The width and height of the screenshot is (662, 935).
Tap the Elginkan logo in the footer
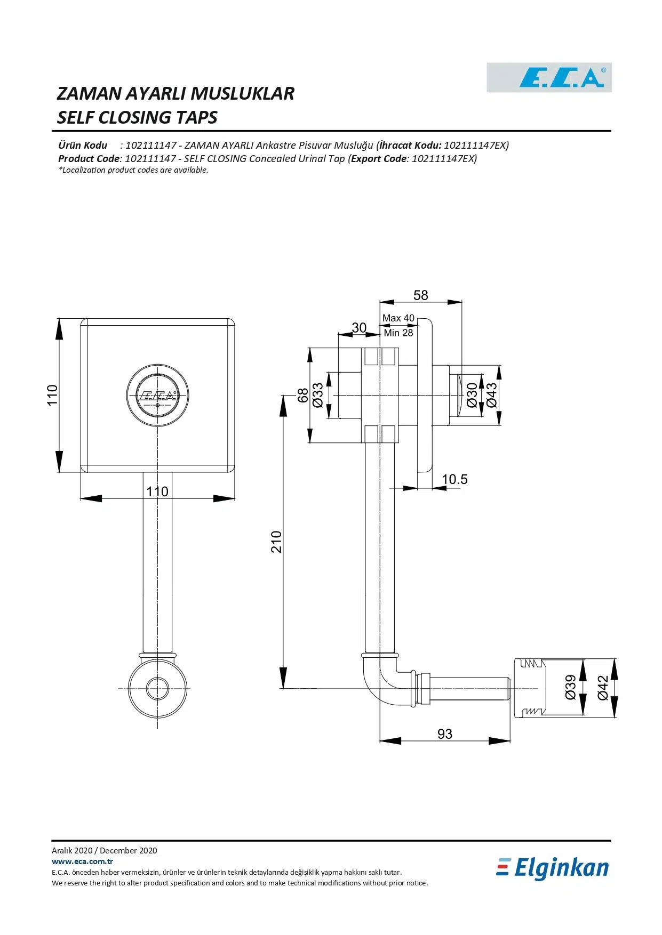[553, 868]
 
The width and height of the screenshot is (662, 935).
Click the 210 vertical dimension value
[276, 542]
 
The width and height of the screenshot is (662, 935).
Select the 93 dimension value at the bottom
[444, 734]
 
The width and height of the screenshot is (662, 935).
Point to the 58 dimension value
[420, 295]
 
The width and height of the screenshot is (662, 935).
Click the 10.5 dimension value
[454, 479]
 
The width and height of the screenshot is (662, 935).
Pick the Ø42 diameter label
[602, 688]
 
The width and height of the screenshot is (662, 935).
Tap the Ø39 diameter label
[570, 688]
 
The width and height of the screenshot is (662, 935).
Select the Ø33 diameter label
[317, 395]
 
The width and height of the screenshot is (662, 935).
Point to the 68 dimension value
[302, 395]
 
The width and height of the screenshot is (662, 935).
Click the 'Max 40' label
[398, 318]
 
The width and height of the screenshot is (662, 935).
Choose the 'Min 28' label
[398, 333]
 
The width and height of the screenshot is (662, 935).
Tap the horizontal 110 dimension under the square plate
[157, 491]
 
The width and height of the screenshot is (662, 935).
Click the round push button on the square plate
[158, 396]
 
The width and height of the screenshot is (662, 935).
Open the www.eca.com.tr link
[82, 861]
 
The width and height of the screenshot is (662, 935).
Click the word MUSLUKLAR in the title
[242, 94]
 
